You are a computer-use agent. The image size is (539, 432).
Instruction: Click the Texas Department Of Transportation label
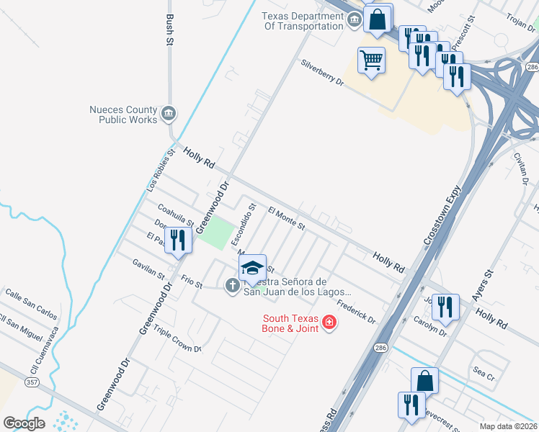click(303, 21)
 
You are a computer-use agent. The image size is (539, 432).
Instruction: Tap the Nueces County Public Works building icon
click(169, 113)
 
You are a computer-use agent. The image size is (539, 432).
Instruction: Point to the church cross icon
click(232, 286)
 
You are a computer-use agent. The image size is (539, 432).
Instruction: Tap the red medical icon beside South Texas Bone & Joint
click(329, 322)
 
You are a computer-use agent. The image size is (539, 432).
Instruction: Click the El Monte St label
click(287, 218)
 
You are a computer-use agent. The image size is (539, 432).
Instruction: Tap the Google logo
click(24, 423)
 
